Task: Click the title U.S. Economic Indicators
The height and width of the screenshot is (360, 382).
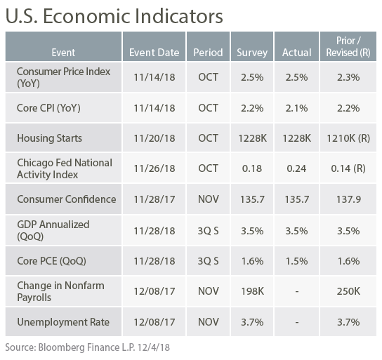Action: coord(114,16)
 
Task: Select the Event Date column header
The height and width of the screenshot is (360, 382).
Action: coord(154,53)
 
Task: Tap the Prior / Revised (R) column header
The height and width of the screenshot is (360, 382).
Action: coord(348,46)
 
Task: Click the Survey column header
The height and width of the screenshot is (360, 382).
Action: coord(252,53)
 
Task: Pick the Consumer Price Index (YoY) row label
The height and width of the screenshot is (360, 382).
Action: coord(63,77)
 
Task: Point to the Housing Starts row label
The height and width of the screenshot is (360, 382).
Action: coord(49,138)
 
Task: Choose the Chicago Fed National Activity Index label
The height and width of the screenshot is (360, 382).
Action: coord(65,168)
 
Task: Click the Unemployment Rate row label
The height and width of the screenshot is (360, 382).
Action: coord(63,322)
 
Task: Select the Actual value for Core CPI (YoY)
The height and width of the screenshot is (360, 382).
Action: coord(296,108)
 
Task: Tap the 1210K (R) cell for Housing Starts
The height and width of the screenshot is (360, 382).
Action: coord(348,138)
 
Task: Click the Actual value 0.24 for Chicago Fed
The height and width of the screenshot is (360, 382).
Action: coord(296,168)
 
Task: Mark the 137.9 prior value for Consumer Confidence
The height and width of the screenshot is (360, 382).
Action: coord(348,199)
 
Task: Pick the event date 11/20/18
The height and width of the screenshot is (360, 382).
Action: coord(154,138)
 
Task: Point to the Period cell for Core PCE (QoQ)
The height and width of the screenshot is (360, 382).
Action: coord(208,261)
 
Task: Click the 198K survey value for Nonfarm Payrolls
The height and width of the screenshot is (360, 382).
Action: coord(252,291)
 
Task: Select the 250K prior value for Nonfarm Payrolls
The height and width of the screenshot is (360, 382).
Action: coord(348,291)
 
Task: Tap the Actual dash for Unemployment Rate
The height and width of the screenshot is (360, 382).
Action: coord(297,322)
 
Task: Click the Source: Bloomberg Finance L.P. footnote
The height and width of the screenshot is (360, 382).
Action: coord(88,347)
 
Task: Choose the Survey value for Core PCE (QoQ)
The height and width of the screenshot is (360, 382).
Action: coord(252,261)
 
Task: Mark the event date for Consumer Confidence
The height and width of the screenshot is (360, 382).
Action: coord(154,199)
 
